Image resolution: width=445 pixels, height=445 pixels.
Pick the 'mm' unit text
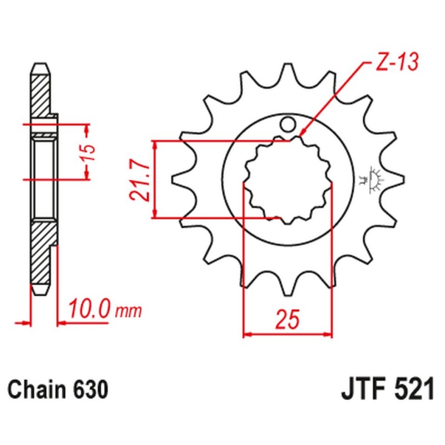[128, 310]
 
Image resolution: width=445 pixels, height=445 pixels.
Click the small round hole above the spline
[288, 123]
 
